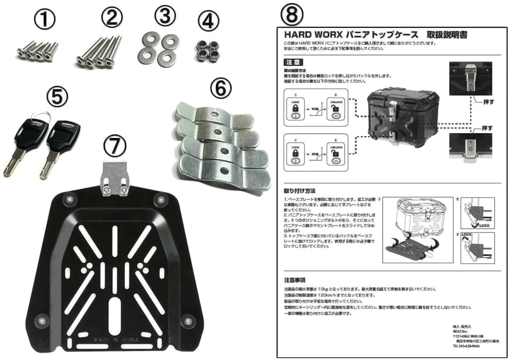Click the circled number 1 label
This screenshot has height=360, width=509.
point(44,20)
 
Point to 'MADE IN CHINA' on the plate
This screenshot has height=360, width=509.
point(115,343)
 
